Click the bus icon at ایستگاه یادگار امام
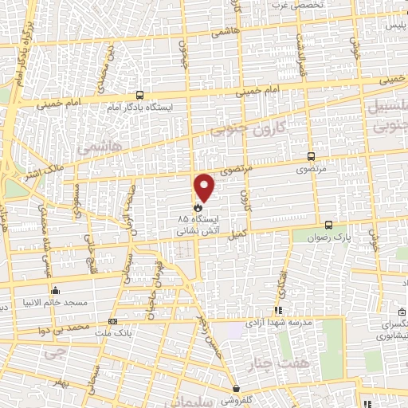coord(140,93)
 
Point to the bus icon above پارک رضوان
coord(329,226)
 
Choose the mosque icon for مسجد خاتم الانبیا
coord(55,290)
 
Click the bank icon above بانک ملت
coord(111,322)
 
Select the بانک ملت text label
coord(111,333)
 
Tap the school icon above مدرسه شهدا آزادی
coord(277,311)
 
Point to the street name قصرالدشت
coord(302,56)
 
